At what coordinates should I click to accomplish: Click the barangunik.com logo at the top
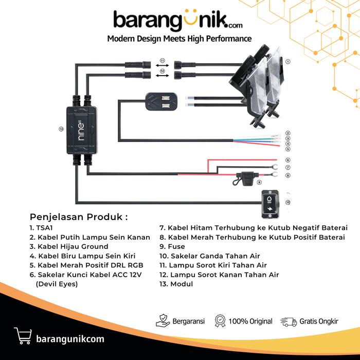click(x=178, y=21)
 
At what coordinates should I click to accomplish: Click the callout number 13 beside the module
click(x=61, y=129)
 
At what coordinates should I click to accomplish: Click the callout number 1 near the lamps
click(x=288, y=61)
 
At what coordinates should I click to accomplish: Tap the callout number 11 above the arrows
click(x=162, y=61)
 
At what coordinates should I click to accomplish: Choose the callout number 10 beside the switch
click(x=288, y=202)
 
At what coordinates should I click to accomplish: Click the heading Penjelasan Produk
click(x=78, y=217)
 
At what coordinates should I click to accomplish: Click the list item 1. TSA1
click(x=40, y=228)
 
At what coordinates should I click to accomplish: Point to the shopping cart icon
click(x=23, y=335)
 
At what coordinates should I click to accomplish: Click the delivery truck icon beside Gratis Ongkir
click(x=289, y=321)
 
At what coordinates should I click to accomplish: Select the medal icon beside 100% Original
click(x=220, y=321)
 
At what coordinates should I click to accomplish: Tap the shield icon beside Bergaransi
click(x=163, y=321)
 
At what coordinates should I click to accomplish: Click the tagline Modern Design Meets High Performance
click(x=179, y=39)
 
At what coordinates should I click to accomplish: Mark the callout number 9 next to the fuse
click(x=259, y=182)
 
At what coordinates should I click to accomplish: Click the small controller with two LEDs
click(x=161, y=101)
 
